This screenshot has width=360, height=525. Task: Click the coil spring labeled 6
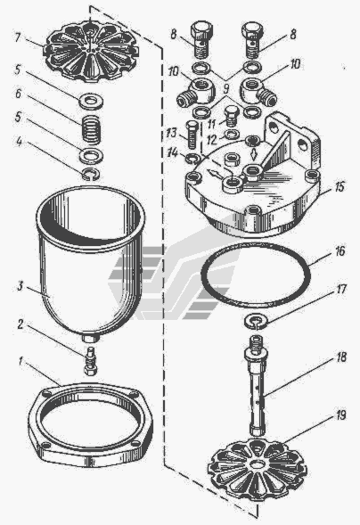coord(91,129)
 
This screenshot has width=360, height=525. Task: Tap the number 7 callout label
coord(18,37)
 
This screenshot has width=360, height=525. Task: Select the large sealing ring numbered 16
coord(256,275)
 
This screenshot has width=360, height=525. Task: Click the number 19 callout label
coord(340,415)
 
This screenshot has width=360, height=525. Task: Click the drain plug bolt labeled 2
coord(90,361)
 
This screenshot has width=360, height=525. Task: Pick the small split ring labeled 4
coord(91,174)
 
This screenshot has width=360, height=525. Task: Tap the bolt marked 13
coord(192,135)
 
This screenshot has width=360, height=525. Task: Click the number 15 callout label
coord(340,187)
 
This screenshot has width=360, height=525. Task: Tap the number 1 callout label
coord(20,362)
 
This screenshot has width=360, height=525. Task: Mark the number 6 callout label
coord(18,94)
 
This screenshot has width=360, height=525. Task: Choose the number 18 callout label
coord(341,357)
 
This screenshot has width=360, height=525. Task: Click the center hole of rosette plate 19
coord(257,464)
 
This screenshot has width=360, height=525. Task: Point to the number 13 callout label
coord(170,133)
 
